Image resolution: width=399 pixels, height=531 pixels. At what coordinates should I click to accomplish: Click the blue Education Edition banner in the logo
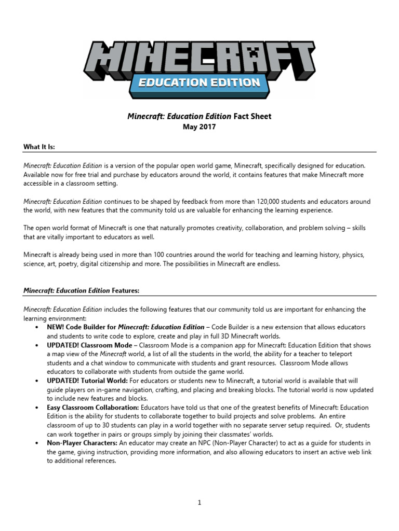pyautogui.click(x=199, y=82)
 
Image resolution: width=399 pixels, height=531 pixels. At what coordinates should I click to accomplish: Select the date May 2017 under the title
pyautogui.click(x=199, y=127)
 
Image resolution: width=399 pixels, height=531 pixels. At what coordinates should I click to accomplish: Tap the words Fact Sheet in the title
pyautogui.click(x=252, y=116)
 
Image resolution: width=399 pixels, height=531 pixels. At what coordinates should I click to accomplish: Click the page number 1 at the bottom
pyautogui.click(x=199, y=502)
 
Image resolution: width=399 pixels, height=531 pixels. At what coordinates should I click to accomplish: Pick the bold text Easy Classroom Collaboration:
pyautogui.click(x=93, y=408)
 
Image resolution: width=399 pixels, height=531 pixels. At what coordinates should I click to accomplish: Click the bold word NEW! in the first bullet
pyautogui.click(x=56, y=327)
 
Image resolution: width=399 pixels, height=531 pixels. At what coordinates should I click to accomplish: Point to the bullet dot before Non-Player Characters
pyautogui.click(x=36, y=443)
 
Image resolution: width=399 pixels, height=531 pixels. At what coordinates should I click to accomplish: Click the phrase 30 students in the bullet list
pyautogui.click(x=111, y=425)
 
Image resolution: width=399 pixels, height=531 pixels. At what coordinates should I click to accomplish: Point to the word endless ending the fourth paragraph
pyautogui.click(x=268, y=264)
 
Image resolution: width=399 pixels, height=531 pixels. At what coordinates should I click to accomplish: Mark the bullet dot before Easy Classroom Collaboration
pyautogui.click(x=36, y=408)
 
